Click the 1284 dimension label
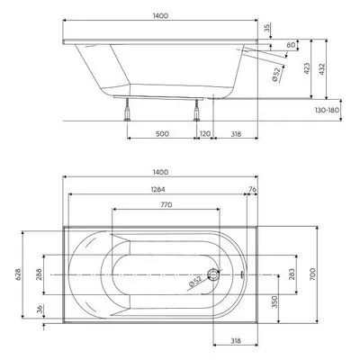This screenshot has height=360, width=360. point(158,189)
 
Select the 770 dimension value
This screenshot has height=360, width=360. point(166,205)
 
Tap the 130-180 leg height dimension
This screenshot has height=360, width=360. point(327,110)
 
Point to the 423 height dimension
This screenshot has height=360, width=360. point(307,68)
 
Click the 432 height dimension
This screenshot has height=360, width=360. point(321,68)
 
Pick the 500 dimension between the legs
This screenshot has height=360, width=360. point(162,134)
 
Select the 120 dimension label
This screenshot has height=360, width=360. point(205,134)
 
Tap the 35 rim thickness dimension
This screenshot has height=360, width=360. point(267,28)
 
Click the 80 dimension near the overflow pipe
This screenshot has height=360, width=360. point(291,45)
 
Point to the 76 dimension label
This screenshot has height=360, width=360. point(253,189)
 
